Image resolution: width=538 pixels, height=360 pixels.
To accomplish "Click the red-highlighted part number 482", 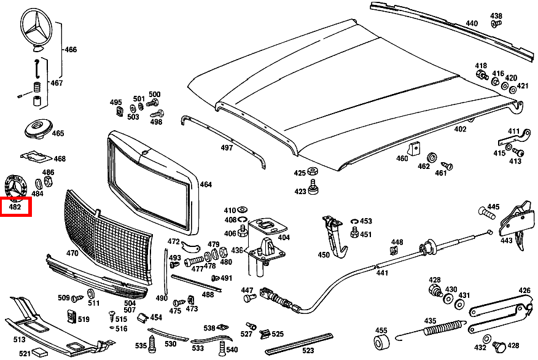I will click(x=15, y=207).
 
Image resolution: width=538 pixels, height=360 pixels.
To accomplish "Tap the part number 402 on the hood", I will click(x=460, y=130).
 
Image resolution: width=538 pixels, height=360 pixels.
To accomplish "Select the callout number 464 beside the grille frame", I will click(x=205, y=184).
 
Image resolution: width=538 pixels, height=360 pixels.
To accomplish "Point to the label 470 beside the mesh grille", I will click(x=72, y=253).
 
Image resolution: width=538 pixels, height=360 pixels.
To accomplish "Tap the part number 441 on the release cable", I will click(x=382, y=273).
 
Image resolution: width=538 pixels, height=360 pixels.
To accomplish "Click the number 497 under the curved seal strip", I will click(x=227, y=148).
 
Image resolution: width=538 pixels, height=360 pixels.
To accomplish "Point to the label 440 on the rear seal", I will click(x=471, y=24).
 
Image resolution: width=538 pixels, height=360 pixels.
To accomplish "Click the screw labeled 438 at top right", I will click(x=496, y=23).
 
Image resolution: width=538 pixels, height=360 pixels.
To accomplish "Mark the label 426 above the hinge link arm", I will click(x=524, y=291).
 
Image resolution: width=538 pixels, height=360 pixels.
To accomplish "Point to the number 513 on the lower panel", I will click(x=18, y=339).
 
